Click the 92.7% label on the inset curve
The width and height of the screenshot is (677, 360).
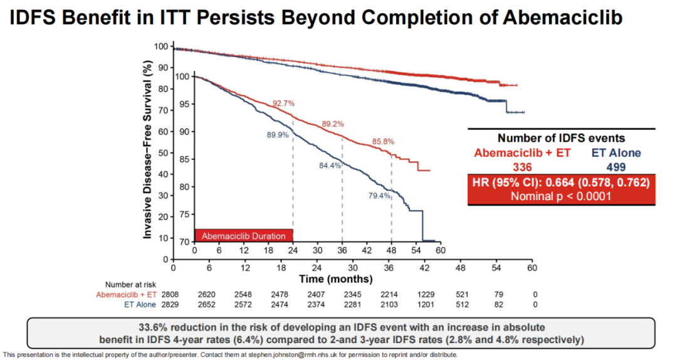(283, 103)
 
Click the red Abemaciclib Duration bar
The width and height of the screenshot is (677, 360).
(244, 236)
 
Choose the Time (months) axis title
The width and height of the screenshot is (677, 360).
(336, 278)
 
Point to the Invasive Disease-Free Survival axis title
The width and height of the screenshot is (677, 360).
(148, 150)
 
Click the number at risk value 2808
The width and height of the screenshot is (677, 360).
(170, 294)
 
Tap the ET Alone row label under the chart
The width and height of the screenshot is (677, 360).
(139, 305)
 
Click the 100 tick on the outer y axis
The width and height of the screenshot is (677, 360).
(162, 46)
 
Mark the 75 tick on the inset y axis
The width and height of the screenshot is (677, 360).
(186, 214)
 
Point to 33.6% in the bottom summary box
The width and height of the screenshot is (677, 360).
(157, 327)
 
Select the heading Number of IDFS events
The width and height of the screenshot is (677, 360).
(561, 138)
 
